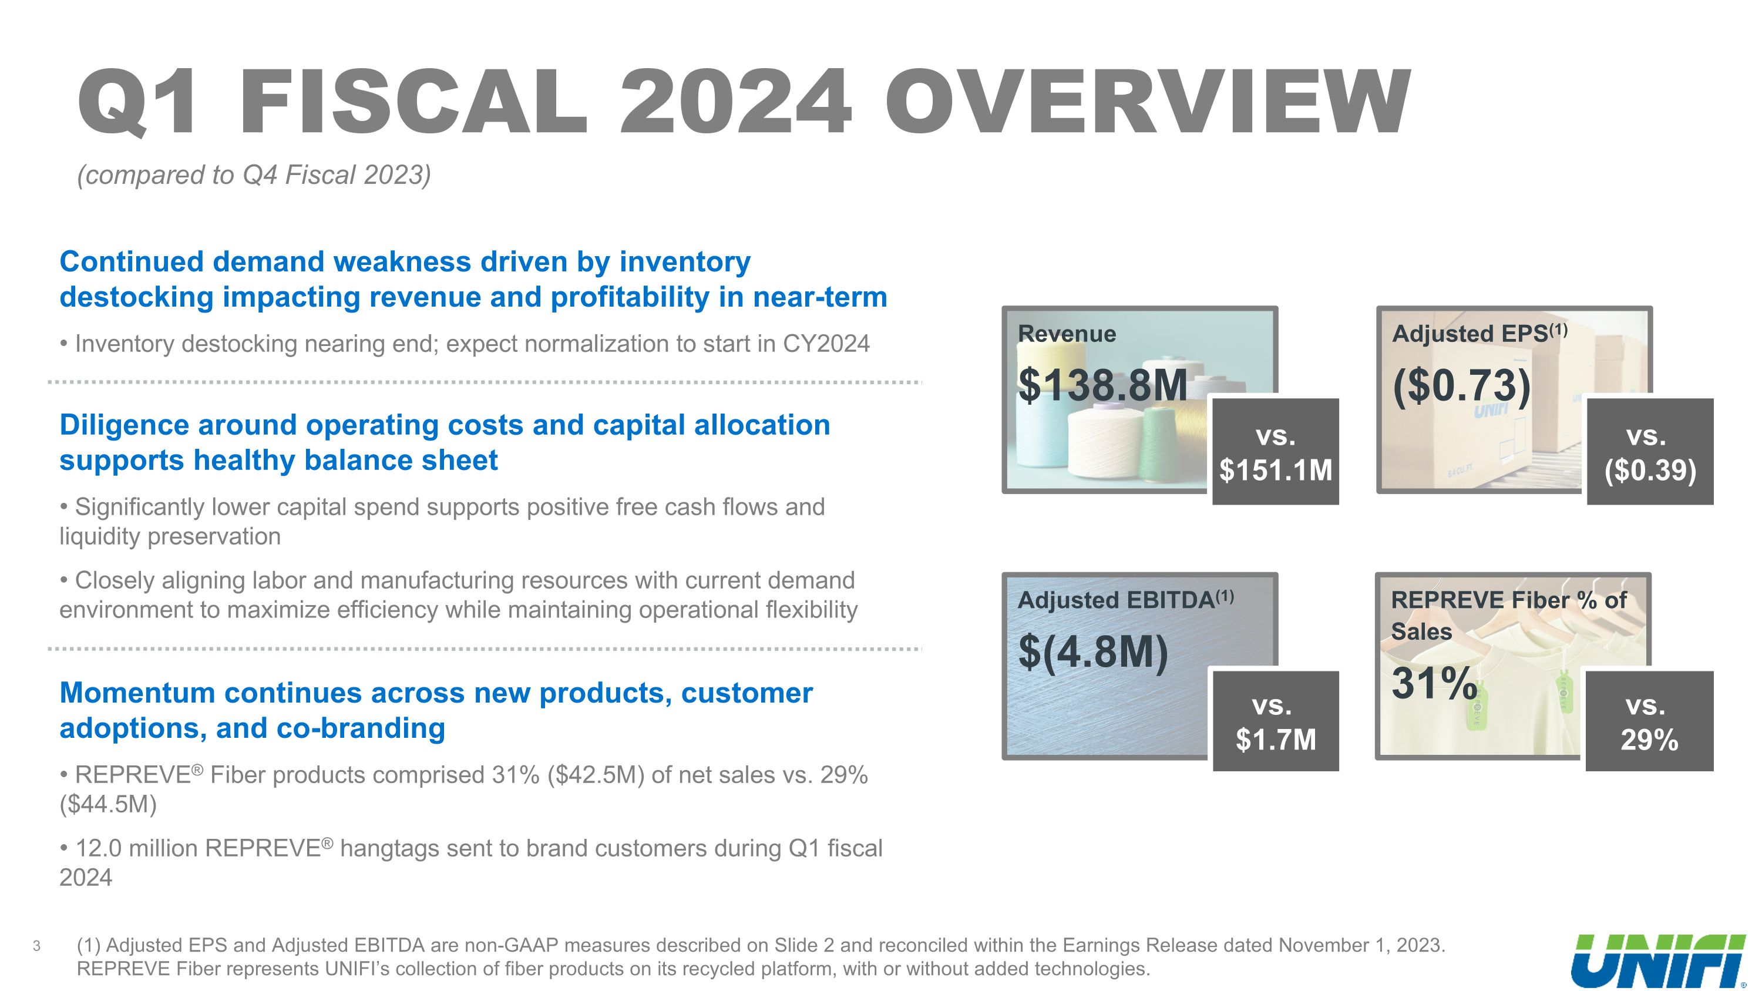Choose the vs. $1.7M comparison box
click(1275, 721)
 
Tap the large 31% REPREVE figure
click(1434, 683)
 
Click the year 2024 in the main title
click(735, 103)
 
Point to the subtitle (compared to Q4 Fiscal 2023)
click(254, 175)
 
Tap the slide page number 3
click(36, 946)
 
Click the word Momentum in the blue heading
click(137, 693)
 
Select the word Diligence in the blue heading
click(124, 425)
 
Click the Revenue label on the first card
click(1067, 334)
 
